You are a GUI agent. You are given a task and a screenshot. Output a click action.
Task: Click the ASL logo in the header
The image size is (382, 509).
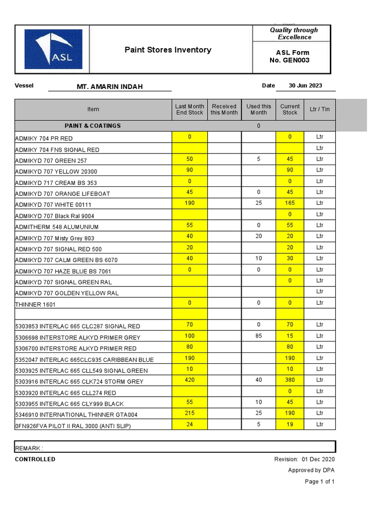53,49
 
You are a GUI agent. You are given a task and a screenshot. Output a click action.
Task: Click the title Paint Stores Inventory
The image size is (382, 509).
168,50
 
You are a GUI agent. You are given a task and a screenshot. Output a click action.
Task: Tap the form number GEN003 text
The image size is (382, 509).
296,60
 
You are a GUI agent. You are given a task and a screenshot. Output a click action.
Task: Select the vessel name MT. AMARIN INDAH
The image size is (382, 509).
109,86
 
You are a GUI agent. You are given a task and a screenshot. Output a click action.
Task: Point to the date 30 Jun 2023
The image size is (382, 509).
305,85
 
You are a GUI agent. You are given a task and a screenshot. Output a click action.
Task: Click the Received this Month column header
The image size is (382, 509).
224,109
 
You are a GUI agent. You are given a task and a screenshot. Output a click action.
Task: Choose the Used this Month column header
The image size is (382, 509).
259,109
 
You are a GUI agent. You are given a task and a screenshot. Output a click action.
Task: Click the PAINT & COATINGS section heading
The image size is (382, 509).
93,126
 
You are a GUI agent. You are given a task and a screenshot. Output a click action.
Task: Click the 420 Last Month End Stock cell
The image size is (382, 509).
190,380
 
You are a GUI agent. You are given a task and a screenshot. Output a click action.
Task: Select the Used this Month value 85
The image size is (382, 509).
259,336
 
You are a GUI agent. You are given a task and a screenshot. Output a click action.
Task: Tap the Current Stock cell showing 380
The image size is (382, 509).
290,380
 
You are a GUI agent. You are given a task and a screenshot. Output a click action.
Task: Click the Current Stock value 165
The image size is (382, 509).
290,203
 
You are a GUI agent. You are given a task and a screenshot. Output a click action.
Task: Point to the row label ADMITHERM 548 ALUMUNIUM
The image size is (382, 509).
57,227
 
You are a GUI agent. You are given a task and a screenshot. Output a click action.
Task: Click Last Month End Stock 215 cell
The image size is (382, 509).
190,413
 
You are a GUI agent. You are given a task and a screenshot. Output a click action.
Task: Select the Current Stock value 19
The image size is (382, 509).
290,424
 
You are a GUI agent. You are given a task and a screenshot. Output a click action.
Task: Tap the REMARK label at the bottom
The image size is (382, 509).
29,448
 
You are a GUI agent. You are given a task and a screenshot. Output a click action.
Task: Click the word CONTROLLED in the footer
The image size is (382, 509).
35,459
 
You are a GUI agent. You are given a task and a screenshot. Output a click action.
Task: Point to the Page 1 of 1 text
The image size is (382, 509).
319,482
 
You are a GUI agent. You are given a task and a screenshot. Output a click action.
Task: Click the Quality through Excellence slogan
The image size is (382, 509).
294,33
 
